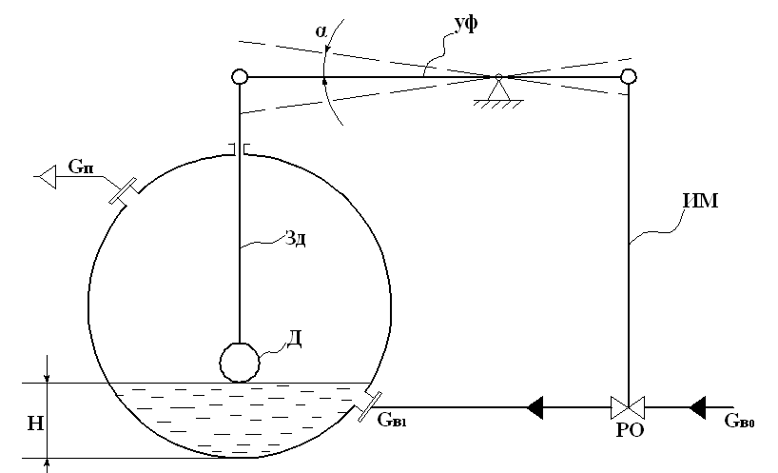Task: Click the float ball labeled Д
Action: tap(239, 362)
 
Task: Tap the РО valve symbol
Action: tap(628, 407)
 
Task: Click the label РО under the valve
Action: tap(628, 430)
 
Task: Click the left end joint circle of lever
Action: tap(239, 77)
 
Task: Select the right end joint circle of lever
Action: tap(628, 77)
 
